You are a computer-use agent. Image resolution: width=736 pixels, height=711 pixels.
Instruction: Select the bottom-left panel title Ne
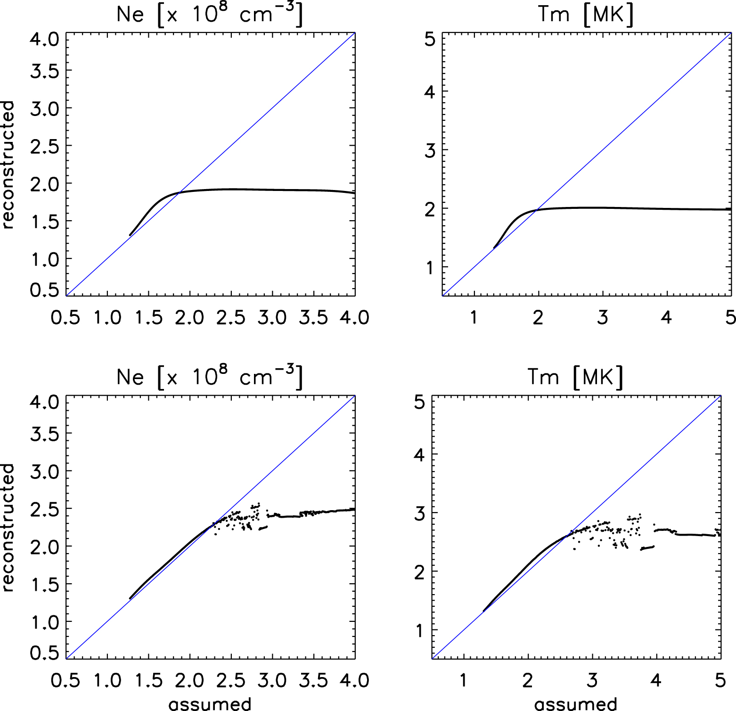130,377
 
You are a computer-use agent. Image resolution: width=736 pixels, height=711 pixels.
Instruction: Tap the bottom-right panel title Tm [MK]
575,377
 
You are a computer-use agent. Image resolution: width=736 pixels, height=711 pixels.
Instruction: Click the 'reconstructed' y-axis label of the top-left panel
8,165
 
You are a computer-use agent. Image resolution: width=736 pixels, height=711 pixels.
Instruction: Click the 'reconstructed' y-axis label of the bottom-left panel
8,527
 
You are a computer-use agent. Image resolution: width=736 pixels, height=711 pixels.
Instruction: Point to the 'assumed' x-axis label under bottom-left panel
210,704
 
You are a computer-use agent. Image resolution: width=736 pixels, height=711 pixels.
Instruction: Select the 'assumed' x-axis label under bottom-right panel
576,704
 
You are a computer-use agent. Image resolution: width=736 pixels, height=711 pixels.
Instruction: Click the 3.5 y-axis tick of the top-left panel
45,71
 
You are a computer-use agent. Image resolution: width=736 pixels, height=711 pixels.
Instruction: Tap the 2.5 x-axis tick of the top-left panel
231,318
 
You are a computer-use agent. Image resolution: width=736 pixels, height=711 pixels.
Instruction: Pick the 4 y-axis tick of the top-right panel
430,92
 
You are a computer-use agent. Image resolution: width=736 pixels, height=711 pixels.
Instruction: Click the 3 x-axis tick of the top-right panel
603,318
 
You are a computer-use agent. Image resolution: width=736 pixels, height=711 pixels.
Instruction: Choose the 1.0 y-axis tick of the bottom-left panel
45,622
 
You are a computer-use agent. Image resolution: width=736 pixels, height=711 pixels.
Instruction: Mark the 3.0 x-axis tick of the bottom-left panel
272,680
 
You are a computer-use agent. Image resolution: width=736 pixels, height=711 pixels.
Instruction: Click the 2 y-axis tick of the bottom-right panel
419,572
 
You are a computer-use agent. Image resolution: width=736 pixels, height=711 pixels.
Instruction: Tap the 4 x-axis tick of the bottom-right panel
656,680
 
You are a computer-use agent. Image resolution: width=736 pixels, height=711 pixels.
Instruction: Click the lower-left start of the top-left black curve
130,235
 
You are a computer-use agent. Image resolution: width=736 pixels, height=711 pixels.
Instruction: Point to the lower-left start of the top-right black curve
494,248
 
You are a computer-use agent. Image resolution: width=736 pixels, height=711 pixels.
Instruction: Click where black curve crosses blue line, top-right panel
536,210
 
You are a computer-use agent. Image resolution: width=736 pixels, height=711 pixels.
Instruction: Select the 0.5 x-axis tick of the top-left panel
65,318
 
